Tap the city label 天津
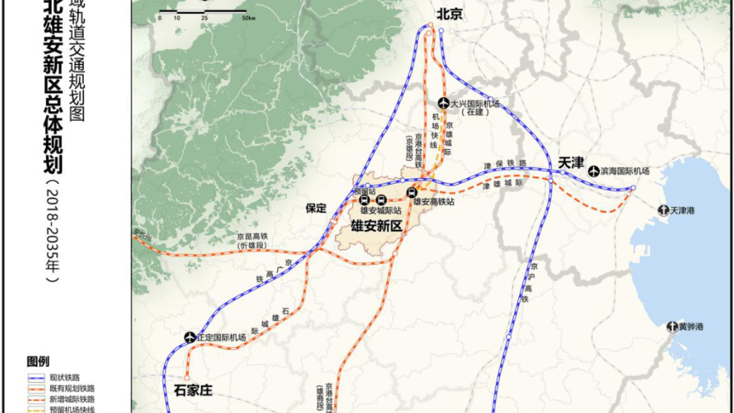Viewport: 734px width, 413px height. pyautogui.click(x=572, y=161)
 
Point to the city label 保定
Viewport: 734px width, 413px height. pyautogui.click(x=316, y=208)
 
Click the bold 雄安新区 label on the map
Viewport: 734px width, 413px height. pyautogui.click(x=376, y=226)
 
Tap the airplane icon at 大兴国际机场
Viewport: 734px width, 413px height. pyautogui.click(x=443, y=103)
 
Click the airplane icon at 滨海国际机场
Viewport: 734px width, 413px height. pyautogui.click(x=593, y=171)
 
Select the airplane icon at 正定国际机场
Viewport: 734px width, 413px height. pyautogui.click(x=189, y=338)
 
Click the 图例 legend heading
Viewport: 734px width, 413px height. pyautogui.click(x=38, y=362)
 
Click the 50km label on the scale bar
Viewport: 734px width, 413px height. pyautogui.click(x=239, y=17)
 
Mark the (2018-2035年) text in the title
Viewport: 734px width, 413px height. pyautogui.click(x=53, y=231)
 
